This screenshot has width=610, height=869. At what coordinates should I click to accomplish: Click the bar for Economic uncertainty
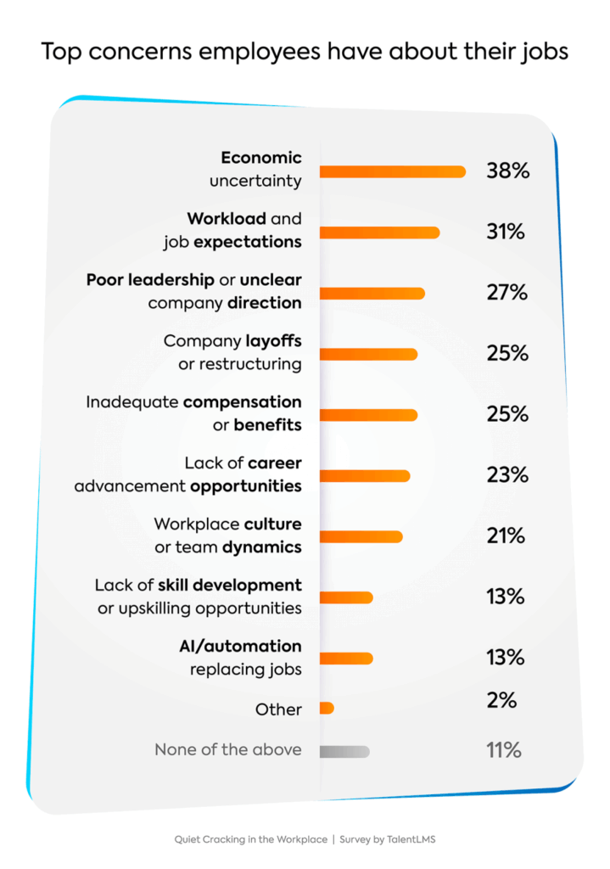[x=392, y=171]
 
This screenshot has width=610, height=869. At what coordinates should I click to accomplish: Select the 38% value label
[x=507, y=171]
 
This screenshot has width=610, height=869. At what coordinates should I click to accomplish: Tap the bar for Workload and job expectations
[x=379, y=233]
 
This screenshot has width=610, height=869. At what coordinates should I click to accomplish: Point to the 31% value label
[x=506, y=232]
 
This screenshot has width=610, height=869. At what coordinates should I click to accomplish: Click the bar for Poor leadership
[x=372, y=294]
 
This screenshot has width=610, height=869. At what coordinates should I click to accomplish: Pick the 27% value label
[x=506, y=293]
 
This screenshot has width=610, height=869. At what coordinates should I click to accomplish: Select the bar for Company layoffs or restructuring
[x=368, y=354]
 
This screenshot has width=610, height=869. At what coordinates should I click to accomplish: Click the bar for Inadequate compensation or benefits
[x=368, y=415]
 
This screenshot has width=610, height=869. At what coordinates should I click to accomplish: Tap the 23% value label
[x=506, y=475]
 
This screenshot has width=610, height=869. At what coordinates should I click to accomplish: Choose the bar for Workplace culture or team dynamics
[x=361, y=536]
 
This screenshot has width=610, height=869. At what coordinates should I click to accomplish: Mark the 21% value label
[x=506, y=536]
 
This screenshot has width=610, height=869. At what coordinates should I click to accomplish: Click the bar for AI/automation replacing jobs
[x=346, y=658]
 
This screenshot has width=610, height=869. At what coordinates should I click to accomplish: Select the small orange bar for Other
[x=327, y=708]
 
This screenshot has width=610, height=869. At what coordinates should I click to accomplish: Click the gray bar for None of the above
[x=344, y=751]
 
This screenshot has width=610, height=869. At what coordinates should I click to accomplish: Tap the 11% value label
[x=504, y=750]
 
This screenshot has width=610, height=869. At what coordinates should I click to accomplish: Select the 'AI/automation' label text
[x=240, y=646]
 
